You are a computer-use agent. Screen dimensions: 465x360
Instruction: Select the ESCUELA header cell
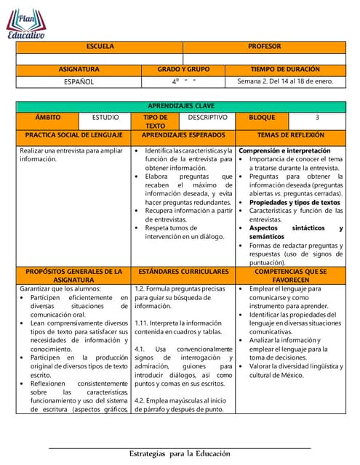100,46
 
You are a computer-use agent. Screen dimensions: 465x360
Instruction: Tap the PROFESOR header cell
264,46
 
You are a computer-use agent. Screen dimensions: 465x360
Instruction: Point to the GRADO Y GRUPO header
183,70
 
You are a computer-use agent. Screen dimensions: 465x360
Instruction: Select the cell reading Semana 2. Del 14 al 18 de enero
285,81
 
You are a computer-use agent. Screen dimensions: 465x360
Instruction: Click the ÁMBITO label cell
48,117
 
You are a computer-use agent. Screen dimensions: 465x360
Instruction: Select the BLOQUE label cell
262,117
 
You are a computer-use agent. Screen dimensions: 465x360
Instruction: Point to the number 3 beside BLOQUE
317,117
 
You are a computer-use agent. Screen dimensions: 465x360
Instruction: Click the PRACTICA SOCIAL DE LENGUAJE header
74,135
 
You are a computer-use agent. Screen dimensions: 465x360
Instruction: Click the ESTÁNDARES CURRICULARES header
183,271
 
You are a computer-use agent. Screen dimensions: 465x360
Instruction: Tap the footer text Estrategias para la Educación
180,453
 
